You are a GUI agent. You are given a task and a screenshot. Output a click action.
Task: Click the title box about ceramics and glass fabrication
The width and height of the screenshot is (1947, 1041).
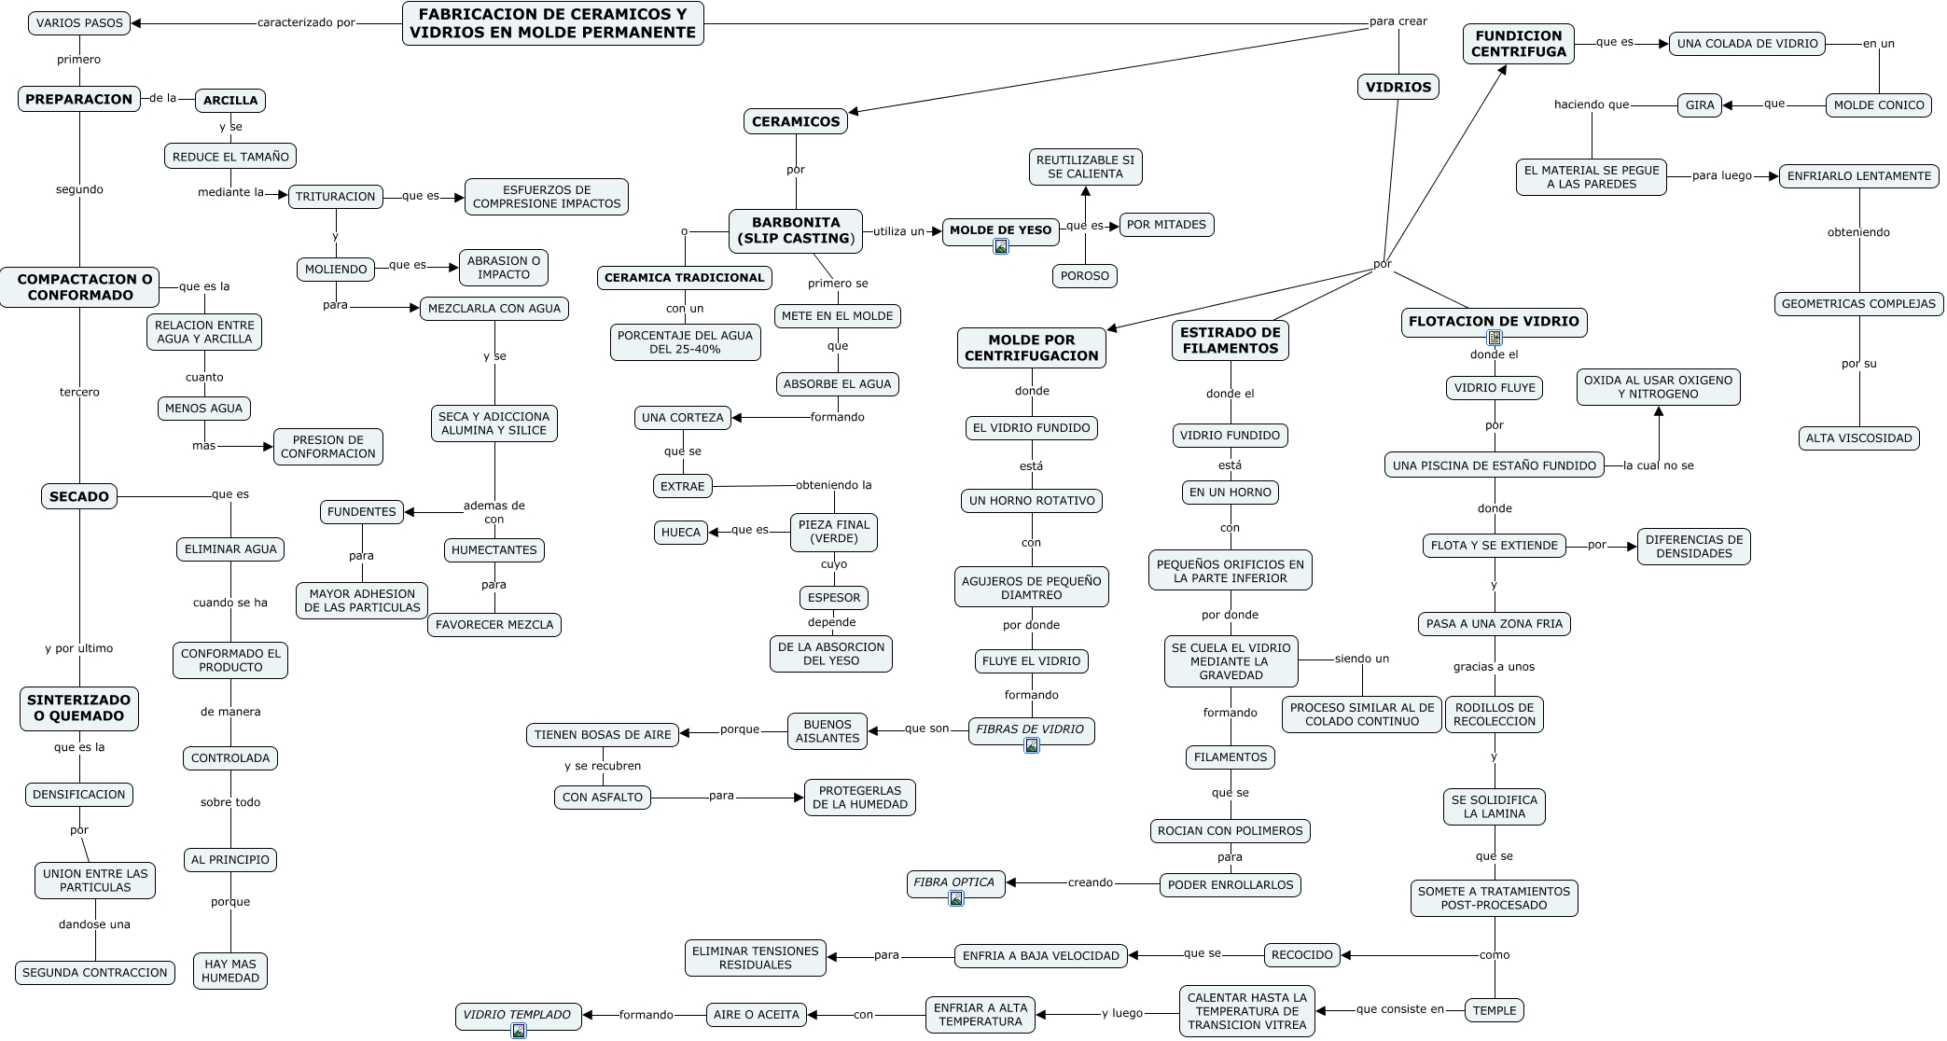(x=552, y=23)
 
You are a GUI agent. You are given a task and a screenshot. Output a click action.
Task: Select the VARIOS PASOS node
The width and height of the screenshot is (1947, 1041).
(x=79, y=23)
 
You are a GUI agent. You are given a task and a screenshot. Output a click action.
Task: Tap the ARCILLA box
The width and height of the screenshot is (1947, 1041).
(x=230, y=101)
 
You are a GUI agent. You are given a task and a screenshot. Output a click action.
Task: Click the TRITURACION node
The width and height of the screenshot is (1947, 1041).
(x=336, y=197)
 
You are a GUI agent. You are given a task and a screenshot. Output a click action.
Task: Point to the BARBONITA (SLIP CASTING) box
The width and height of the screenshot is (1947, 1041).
(x=796, y=230)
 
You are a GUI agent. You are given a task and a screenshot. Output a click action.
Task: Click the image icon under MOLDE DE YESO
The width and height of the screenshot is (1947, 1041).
(x=1001, y=246)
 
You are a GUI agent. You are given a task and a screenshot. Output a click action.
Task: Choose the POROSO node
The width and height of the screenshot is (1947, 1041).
(x=1085, y=276)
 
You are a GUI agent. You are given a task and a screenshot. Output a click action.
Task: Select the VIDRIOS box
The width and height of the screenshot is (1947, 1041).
(x=1398, y=88)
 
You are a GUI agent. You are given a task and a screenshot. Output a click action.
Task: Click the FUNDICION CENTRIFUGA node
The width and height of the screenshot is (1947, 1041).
(x=1518, y=44)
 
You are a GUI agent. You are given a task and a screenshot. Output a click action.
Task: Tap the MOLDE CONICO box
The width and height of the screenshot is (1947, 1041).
(x=1879, y=105)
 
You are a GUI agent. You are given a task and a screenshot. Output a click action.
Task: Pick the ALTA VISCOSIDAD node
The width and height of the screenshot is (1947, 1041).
(x=1858, y=438)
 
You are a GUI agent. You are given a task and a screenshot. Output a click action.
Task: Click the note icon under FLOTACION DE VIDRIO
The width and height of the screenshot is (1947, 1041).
(x=1495, y=338)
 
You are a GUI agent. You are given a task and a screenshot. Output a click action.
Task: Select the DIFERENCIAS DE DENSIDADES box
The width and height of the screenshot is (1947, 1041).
(x=1693, y=547)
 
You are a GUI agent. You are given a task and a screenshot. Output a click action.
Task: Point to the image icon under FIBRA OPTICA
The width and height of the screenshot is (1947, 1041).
(x=956, y=898)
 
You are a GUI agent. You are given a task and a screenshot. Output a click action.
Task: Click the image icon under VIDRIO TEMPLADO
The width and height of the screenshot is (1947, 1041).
(x=519, y=1031)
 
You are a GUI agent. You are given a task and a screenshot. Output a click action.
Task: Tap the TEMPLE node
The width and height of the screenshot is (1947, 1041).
(x=1495, y=1010)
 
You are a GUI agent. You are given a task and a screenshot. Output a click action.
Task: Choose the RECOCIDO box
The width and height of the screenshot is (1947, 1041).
(x=1302, y=955)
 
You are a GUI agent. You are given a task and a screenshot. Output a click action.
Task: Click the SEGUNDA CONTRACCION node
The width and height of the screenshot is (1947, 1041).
(x=95, y=973)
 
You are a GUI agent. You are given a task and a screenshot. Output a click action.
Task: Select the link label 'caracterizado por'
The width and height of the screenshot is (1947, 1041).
(x=306, y=23)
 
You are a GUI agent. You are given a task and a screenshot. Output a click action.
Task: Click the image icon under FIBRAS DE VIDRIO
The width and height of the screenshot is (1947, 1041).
(x=1032, y=745)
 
